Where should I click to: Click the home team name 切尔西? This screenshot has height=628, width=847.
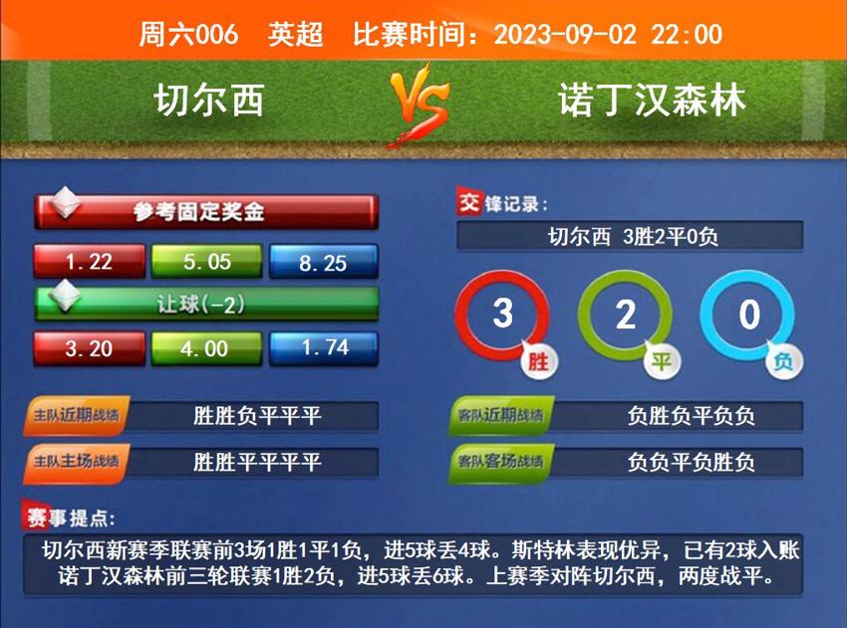pos(209,100)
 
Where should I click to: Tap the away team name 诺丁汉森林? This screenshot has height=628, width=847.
pos(653,100)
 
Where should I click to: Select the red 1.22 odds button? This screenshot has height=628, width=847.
pos(89,262)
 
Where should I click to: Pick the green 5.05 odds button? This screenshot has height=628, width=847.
pos(206,262)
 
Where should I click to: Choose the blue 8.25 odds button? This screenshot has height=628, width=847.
pos(323,263)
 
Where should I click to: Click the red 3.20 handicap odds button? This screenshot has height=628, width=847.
pos(89,348)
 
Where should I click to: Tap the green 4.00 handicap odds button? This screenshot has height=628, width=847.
pos(206,348)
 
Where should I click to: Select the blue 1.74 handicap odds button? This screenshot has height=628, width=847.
pos(323,347)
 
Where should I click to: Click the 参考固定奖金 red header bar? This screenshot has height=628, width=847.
pos(206,212)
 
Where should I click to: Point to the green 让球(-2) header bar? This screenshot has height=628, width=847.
pos(206,305)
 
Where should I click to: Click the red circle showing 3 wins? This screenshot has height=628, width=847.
pos(502,315)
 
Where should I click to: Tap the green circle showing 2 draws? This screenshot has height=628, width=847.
pos(625,315)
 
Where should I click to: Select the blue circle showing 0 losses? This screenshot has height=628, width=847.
pos(748,315)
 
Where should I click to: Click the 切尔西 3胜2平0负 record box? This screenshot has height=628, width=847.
pos(630,237)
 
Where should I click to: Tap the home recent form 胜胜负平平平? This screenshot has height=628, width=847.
pos(257,416)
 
